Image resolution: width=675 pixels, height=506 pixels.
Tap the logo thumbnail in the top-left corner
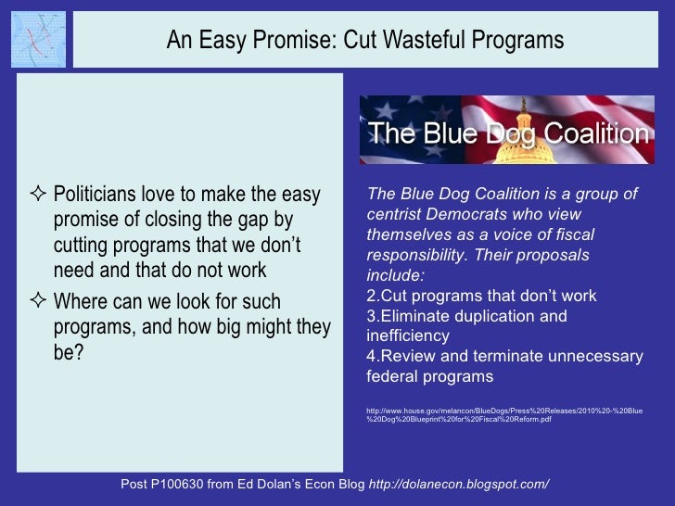(38, 39)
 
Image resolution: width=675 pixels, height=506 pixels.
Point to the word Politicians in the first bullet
(103, 196)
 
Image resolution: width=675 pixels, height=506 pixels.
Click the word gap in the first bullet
(244, 221)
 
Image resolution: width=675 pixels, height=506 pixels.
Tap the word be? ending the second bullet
(70, 353)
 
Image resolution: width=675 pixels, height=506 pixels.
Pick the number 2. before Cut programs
(373, 297)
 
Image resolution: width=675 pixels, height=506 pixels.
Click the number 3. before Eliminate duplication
(373, 317)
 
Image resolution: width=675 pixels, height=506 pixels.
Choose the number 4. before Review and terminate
(373, 357)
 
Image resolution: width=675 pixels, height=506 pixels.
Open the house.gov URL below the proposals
(505, 414)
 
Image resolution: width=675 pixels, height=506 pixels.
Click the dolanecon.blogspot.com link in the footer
(459, 485)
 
